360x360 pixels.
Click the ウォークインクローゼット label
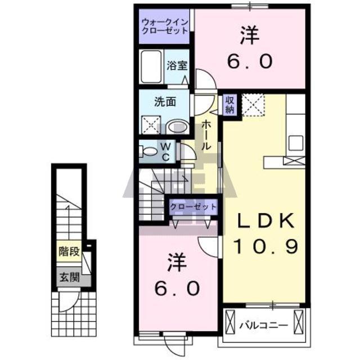coord(165,26)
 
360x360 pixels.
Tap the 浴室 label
coord(177,65)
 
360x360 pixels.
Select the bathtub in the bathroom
coord(151,66)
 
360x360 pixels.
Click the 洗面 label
coord(165,102)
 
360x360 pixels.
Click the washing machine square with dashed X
coord(151,125)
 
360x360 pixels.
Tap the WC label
coord(166,151)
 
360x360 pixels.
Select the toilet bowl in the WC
coord(148,151)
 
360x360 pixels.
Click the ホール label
coord(206,135)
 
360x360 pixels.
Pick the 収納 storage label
coord(229,105)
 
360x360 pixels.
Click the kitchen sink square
coord(296,143)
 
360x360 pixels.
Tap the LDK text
coord(266,220)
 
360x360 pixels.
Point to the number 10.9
coord(266,246)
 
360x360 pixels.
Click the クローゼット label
coord(193,207)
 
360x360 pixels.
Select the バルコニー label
coord(263,325)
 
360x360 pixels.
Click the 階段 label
coord(69,251)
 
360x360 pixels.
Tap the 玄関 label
coord(69,277)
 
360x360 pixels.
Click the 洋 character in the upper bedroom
coord(250,36)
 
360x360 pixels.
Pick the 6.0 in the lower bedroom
coord(177,289)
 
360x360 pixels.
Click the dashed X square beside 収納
coord(253,105)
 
